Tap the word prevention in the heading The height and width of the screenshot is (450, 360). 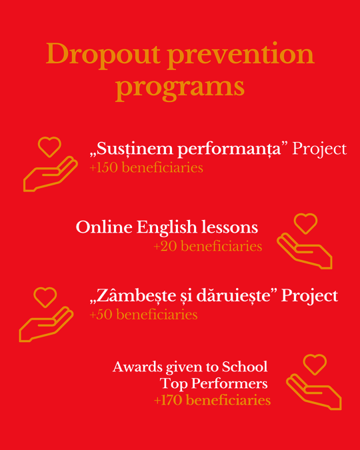[241, 56]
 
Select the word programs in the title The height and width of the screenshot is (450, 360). [180, 87]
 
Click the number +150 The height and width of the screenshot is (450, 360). [103, 167]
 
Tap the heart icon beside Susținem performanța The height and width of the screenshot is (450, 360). [49, 147]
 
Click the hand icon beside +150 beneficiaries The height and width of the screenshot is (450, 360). [50, 174]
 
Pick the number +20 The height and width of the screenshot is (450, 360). [165, 247]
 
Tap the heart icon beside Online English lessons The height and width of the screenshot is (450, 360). [306, 223]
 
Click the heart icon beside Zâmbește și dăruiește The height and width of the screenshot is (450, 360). [45, 297]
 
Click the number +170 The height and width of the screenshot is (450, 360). [168, 401]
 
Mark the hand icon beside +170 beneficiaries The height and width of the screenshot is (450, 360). [314, 391]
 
